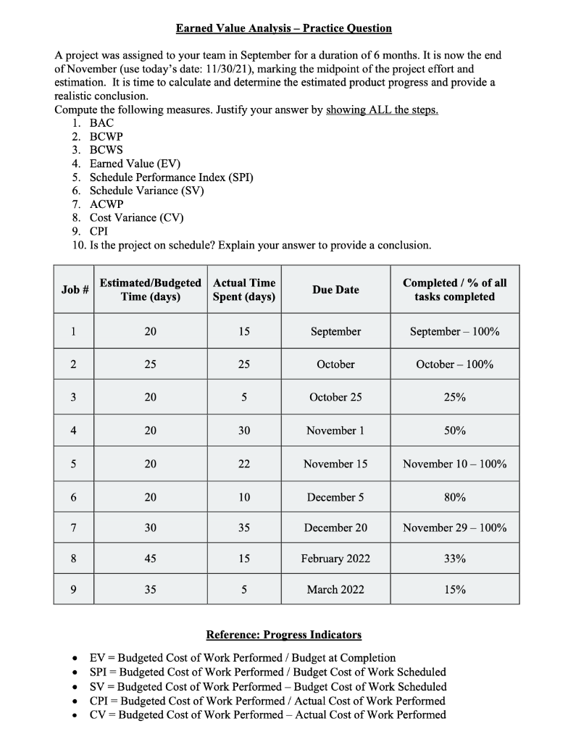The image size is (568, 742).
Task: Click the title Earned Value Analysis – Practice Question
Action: (283, 28)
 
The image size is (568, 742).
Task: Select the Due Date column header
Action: (335, 290)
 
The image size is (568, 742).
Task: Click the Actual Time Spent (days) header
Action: (244, 290)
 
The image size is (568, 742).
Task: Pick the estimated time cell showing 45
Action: (150, 559)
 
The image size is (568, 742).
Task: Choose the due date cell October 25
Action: (335, 397)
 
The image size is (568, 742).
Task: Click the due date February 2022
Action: (335, 559)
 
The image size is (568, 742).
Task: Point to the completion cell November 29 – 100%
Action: (454, 528)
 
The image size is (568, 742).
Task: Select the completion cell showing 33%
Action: (454, 559)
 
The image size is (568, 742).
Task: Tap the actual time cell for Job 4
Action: (244, 430)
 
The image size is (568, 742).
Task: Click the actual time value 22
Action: (244, 464)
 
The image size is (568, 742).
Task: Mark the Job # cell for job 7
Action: (74, 528)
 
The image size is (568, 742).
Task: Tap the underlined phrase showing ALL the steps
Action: (382, 110)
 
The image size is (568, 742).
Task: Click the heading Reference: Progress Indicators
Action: (283, 635)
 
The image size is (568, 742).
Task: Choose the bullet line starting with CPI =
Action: (267, 701)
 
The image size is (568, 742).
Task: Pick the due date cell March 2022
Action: (335, 590)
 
